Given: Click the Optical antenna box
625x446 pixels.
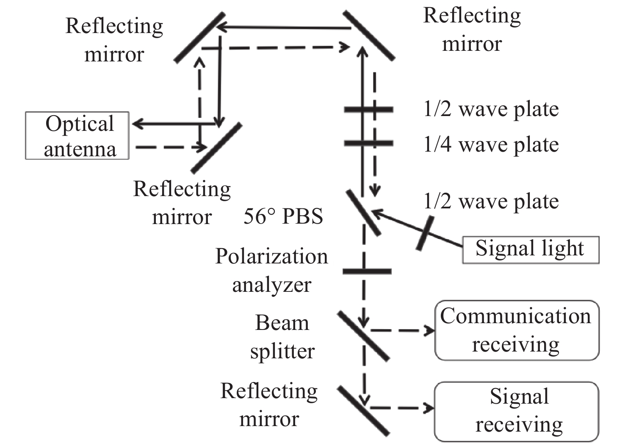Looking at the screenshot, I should point(77,136).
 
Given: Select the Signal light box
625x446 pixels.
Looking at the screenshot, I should point(530,250).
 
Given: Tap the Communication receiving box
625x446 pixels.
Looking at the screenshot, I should point(517,330).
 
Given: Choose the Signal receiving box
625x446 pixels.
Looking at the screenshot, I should point(517,411).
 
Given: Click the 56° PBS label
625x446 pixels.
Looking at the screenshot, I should point(283,216).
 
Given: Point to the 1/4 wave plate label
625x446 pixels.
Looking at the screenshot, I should point(491,145).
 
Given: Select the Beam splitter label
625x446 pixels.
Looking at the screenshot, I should point(282,337).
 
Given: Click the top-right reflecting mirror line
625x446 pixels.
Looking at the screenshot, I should point(368,36).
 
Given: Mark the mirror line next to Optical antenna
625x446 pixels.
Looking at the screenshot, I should point(216,148).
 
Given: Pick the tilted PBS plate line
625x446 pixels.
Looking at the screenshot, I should point(363,213).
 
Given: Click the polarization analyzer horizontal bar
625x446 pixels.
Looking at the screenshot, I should point(367,271).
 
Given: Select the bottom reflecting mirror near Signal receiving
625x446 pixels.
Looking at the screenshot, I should point(363,411).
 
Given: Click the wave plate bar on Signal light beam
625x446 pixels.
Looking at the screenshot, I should point(425,233).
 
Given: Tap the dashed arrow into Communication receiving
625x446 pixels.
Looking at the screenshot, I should point(402,330).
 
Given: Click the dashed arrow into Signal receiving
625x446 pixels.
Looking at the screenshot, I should point(402,408).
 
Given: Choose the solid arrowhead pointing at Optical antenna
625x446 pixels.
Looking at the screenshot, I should point(136,124).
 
